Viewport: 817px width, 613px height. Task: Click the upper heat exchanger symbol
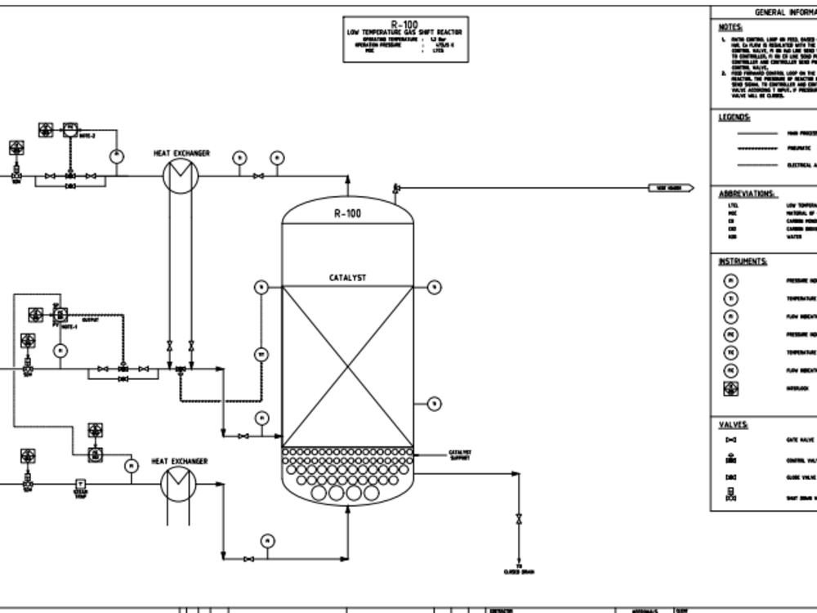pyautogui.click(x=180, y=176)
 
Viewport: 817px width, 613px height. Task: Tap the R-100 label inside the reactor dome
pyautogui.click(x=347, y=214)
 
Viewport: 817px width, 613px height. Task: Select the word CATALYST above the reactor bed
pyautogui.click(x=347, y=278)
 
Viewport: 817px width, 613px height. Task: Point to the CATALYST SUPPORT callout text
pyautogui.click(x=460, y=454)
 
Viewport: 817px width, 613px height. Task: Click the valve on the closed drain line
pyautogui.click(x=518, y=519)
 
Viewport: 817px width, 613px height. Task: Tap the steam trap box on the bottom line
pyautogui.click(x=80, y=484)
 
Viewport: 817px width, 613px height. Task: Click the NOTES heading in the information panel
pyautogui.click(x=730, y=26)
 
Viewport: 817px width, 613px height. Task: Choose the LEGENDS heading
pyautogui.click(x=733, y=117)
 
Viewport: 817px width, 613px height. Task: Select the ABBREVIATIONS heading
pyautogui.click(x=747, y=194)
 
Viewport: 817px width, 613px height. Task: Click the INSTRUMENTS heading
pyautogui.click(x=743, y=262)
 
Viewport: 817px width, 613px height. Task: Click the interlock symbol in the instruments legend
pyautogui.click(x=731, y=389)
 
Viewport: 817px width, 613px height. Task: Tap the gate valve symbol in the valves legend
pyautogui.click(x=731, y=440)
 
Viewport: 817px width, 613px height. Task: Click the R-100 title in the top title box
pyautogui.click(x=404, y=25)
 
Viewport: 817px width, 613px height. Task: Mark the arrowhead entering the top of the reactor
pyautogui.click(x=347, y=179)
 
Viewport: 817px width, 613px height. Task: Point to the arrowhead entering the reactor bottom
pyautogui.click(x=347, y=511)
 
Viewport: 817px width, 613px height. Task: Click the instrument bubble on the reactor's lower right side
pyautogui.click(x=435, y=403)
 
